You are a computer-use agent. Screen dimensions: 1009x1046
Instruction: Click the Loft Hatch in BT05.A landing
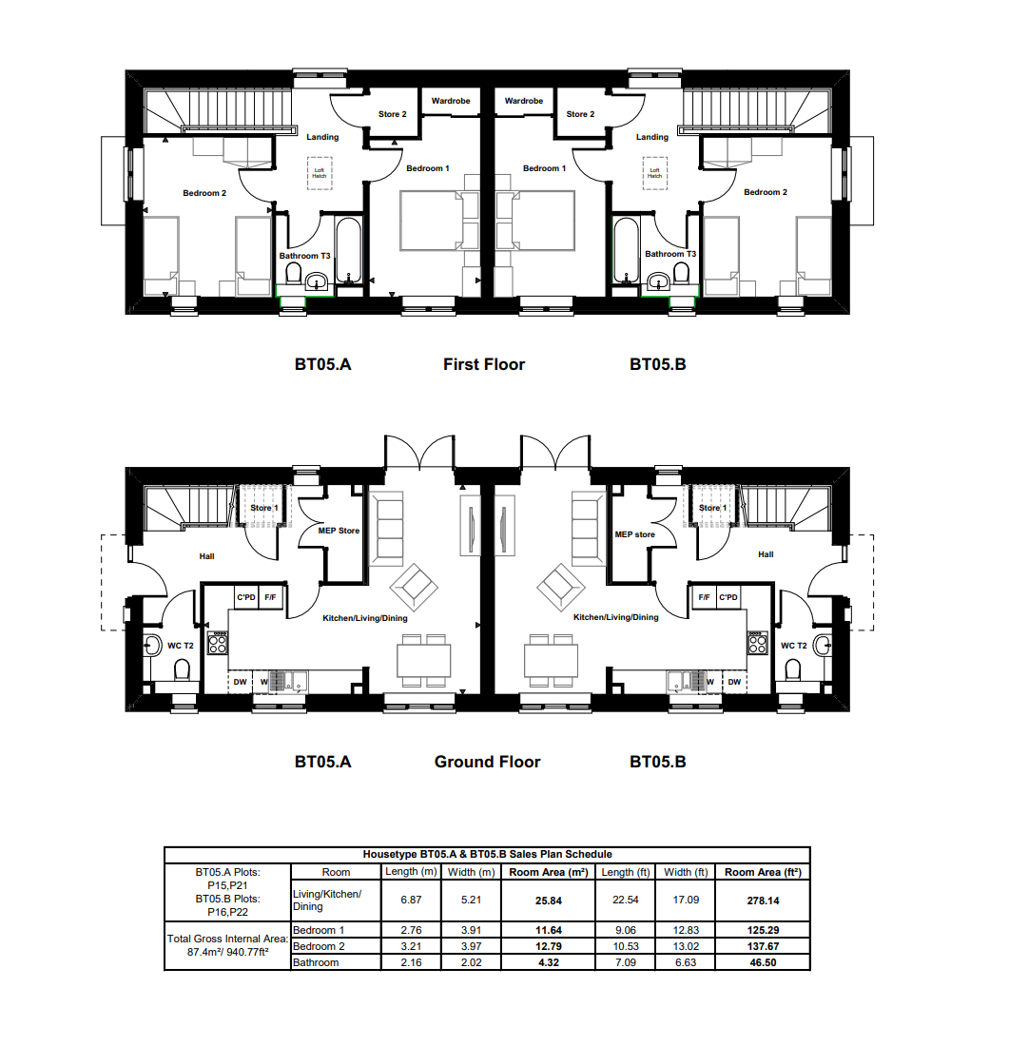(320, 173)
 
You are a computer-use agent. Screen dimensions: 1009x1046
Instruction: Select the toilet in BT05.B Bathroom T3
(681, 273)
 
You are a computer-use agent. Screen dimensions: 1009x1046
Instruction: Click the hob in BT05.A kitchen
(218, 643)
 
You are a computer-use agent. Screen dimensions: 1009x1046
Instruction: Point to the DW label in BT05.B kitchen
(734, 682)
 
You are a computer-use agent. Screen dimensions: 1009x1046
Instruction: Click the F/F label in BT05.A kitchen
(270, 598)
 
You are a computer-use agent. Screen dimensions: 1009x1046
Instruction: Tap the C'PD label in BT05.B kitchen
(728, 597)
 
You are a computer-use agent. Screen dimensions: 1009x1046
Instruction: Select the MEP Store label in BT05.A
(339, 531)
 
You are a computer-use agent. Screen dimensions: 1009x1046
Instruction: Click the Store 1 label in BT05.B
(712, 509)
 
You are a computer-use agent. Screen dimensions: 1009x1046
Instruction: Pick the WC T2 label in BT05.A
(180, 646)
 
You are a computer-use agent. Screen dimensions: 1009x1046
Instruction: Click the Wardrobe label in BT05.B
(524, 102)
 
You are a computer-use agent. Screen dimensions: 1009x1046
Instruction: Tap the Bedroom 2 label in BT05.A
(204, 193)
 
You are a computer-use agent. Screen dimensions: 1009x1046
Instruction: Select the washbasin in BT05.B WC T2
(824, 645)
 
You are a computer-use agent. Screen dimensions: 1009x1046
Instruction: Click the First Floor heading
(484, 364)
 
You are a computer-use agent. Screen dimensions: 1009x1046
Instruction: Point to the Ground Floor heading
(487, 762)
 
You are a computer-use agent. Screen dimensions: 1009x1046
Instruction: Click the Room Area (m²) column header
(549, 872)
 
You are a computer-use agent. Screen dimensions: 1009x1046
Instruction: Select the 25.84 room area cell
(549, 901)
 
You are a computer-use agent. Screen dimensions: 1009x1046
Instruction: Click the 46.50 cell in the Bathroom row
(763, 962)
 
